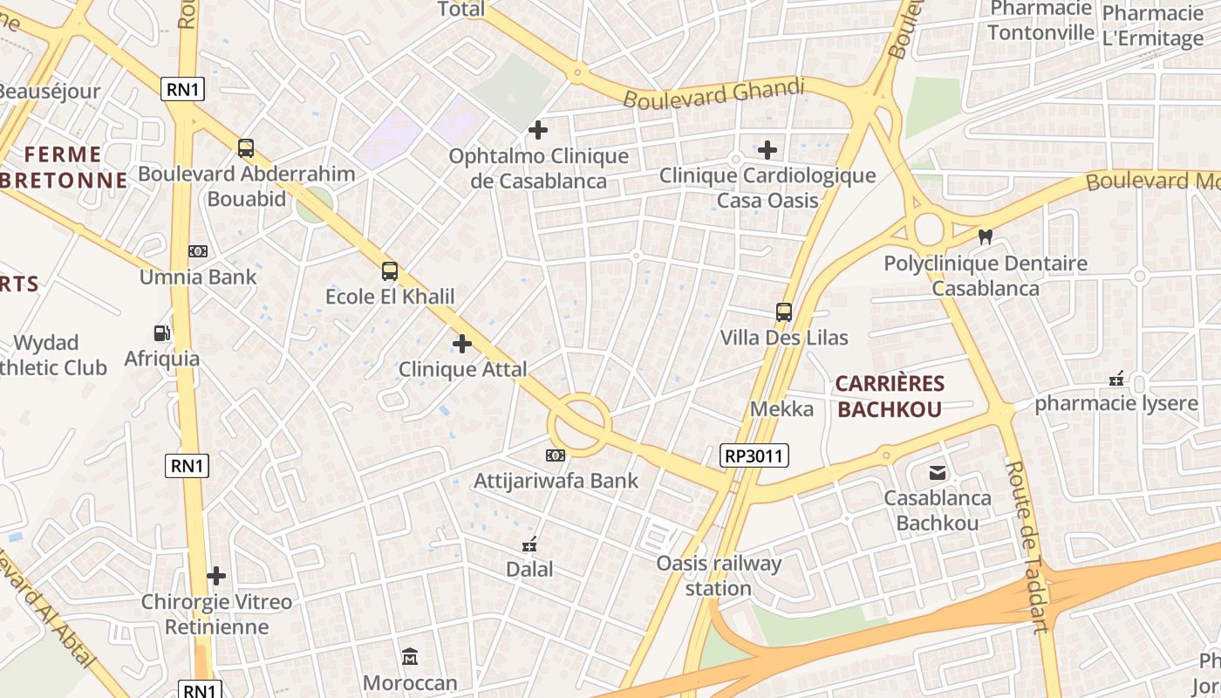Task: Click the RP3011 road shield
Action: [x=754, y=455]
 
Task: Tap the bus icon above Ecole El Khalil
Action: [x=389, y=271]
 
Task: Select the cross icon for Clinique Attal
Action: [x=462, y=344]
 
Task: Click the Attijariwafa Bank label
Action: [x=556, y=481]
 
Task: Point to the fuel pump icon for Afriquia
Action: [x=161, y=332]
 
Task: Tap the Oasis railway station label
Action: [x=719, y=576]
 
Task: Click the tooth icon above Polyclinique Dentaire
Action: [x=986, y=236]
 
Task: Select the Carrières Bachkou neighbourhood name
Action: [x=890, y=396]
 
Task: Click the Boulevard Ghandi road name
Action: [x=713, y=92]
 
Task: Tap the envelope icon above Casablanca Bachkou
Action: [x=937, y=473]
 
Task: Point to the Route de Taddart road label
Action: [x=1027, y=545]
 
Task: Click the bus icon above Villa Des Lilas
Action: [x=783, y=311]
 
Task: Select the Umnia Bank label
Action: [x=198, y=277]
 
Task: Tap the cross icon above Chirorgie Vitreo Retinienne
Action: [x=216, y=576]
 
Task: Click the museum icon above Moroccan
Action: [x=409, y=656]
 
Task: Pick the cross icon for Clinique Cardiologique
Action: [x=767, y=150]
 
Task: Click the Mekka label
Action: [x=781, y=408]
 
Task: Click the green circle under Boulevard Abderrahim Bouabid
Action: [x=314, y=206]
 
